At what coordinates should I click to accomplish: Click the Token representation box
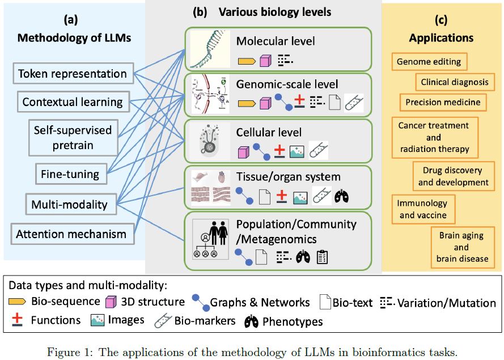tap(73, 74)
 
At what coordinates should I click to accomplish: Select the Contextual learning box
tap(73, 102)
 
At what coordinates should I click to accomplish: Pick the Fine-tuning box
tap(70, 173)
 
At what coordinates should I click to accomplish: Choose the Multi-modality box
tap(70, 204)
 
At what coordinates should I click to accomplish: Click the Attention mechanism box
tap(71, 234)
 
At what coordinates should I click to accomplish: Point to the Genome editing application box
tap(429, 62)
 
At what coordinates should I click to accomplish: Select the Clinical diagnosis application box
tap(454, 82)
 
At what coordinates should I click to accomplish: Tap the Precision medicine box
tap(443, 103)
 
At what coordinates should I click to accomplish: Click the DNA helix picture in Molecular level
tap(210, 49)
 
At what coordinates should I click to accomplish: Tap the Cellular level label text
tap(269, 133)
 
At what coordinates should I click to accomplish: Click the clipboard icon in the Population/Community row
tap(322, 257)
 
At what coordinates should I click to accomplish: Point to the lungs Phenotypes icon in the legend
tap(252, 321)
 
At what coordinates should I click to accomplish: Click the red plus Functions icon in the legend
tap(18, 320)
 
